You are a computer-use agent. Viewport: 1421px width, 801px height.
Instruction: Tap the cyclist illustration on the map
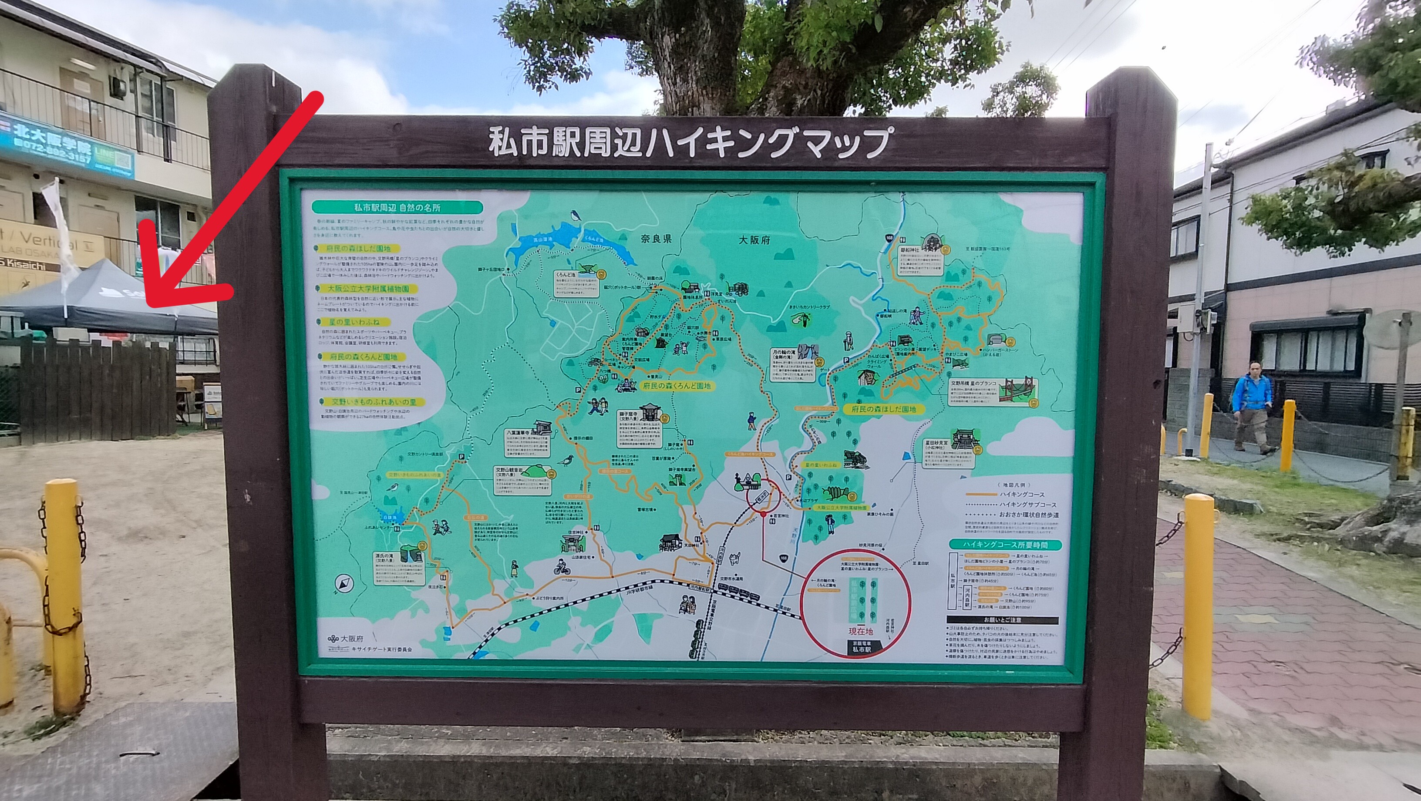click(x=561, y=566)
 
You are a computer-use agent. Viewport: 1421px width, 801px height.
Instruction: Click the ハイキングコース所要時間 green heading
click(x=1005, y=545)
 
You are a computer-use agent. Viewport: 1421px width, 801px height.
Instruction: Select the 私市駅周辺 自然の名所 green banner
click(x=397, y=207)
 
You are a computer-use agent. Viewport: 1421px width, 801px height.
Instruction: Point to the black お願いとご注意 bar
click(x=1002, y=619)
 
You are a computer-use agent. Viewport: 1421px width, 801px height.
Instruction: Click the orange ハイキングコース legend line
click(x=981, y=494)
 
